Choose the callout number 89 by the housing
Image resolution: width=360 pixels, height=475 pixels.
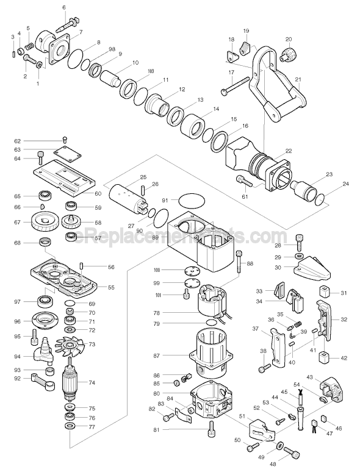tap(154, 237)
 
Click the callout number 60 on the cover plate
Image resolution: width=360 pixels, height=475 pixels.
tap(97, 193)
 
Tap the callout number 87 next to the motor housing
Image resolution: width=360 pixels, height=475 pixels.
tap(156, 355)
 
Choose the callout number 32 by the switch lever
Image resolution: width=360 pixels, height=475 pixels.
tap(343, 319)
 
